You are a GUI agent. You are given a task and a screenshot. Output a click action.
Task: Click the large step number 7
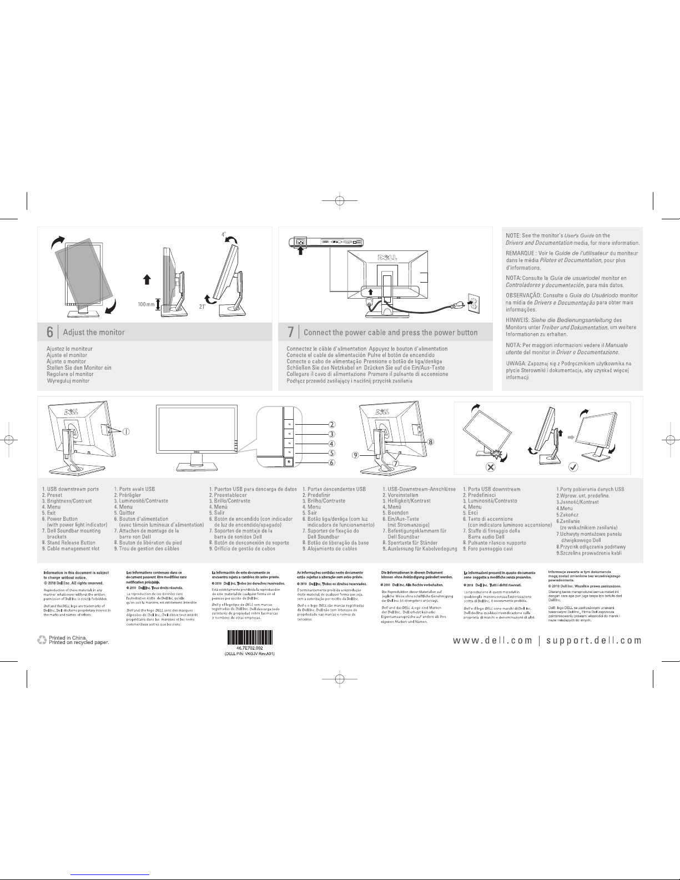(290, 332)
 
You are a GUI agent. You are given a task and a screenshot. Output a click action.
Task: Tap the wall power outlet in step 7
(473, 303)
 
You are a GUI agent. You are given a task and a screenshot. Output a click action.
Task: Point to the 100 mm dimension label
(146, 304)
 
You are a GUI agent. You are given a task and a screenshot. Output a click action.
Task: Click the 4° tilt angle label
(223, 235)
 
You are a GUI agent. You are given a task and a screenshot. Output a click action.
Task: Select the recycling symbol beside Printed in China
(42, 640)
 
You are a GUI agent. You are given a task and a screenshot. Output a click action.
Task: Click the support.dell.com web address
(594, 640)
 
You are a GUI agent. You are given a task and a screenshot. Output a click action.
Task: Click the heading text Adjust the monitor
(94, 333)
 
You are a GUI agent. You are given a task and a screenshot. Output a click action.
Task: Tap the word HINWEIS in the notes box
(517, 320)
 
